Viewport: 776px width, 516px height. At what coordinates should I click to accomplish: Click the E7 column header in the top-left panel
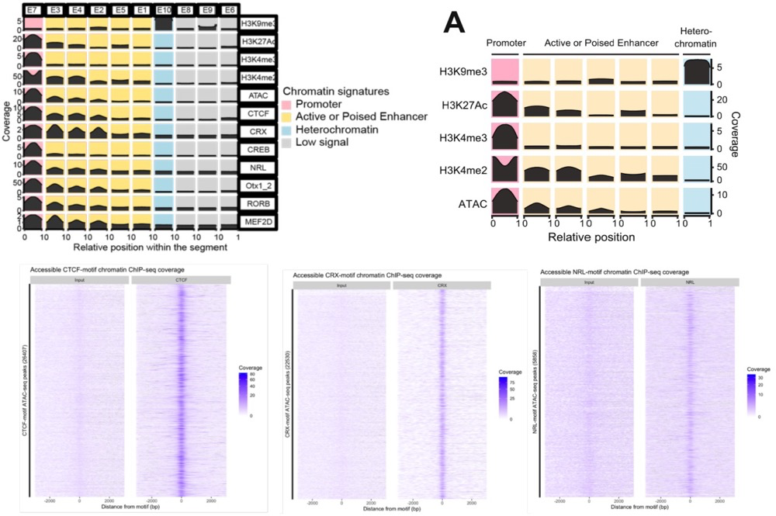point(33,9)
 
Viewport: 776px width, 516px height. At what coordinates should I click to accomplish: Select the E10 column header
point(164,9)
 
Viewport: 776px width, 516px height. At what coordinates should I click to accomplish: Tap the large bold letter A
point(456,23)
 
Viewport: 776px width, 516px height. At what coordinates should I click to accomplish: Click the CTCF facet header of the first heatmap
point(181,279)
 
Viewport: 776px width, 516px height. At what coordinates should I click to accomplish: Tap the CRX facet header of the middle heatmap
point(442,285)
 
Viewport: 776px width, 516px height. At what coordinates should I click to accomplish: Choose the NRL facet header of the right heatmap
point(690,281)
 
